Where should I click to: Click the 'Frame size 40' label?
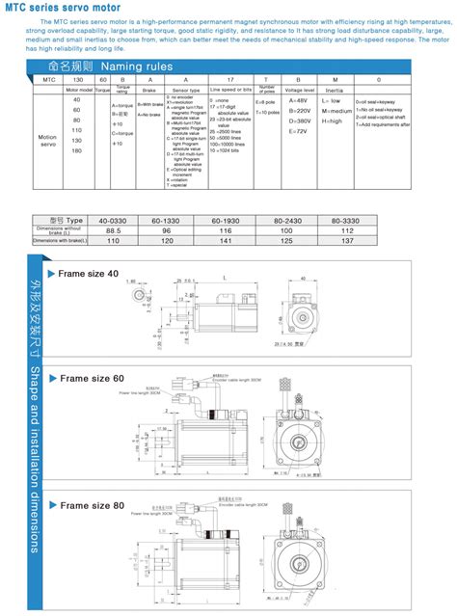pos(89,274)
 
